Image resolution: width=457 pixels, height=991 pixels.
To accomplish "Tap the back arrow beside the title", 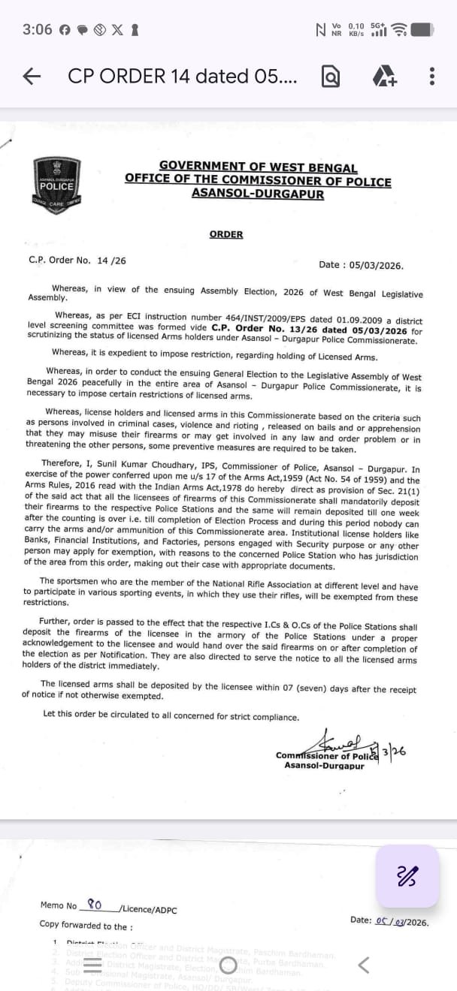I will point(32,76).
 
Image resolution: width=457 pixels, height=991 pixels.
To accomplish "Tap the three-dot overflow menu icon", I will point(431,76).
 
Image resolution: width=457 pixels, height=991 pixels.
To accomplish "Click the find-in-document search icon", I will point(331,76).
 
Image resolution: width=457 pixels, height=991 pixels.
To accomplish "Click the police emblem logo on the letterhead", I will point(57,182).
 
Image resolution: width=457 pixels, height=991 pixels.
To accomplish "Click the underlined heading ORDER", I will point(226,234).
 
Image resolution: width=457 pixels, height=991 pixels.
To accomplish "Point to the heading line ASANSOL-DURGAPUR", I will point(258,194).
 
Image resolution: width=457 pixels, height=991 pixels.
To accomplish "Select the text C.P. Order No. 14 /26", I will point(77,261).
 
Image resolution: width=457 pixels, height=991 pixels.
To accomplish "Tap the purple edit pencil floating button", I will point(407,875).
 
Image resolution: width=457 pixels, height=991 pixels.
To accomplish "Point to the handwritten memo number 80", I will point(95,904).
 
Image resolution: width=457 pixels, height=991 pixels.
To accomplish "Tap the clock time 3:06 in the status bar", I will point(38,29).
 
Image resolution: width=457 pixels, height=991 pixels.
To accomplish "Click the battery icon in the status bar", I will point(422,29).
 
